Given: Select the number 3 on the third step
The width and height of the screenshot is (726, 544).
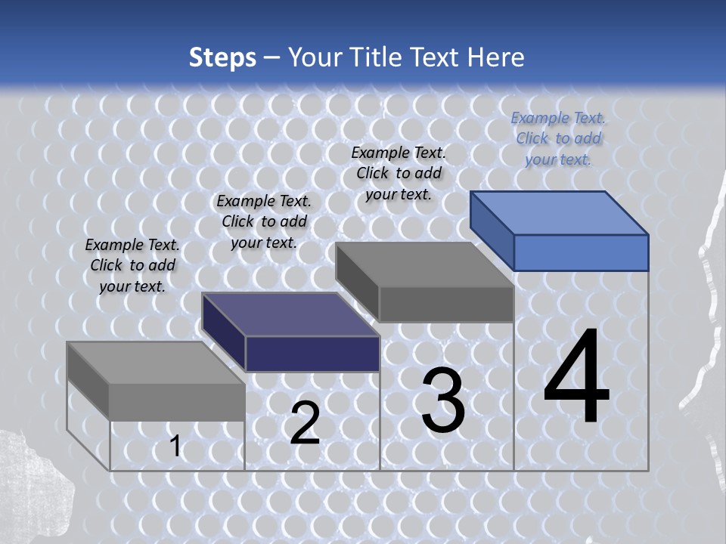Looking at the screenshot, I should (x=443, y=400).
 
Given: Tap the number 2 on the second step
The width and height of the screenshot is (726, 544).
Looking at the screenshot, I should (x=305, y=423).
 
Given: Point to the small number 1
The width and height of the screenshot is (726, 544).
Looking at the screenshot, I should (x=175, y=447).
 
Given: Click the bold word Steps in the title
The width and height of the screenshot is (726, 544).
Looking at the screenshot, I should (x=222, y=57).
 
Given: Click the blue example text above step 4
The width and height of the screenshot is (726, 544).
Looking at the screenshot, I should (x=558, y=138).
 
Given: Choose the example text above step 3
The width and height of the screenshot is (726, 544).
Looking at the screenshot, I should (x=399, y=173).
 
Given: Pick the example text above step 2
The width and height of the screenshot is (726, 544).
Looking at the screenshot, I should (x=263, y=221).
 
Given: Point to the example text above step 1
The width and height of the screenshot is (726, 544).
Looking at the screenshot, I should (x=132, y=265).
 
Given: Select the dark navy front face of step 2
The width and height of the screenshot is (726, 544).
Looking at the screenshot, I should (x=312, y=354).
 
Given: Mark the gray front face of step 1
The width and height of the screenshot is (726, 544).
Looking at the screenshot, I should (x=177, y=402).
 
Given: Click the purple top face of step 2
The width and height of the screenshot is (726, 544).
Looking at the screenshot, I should (x=290, y=314).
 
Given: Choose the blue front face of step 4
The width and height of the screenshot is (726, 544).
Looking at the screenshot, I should (x=581, y=252).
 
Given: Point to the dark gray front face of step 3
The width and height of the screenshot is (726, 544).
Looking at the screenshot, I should (x=446, y=304).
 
